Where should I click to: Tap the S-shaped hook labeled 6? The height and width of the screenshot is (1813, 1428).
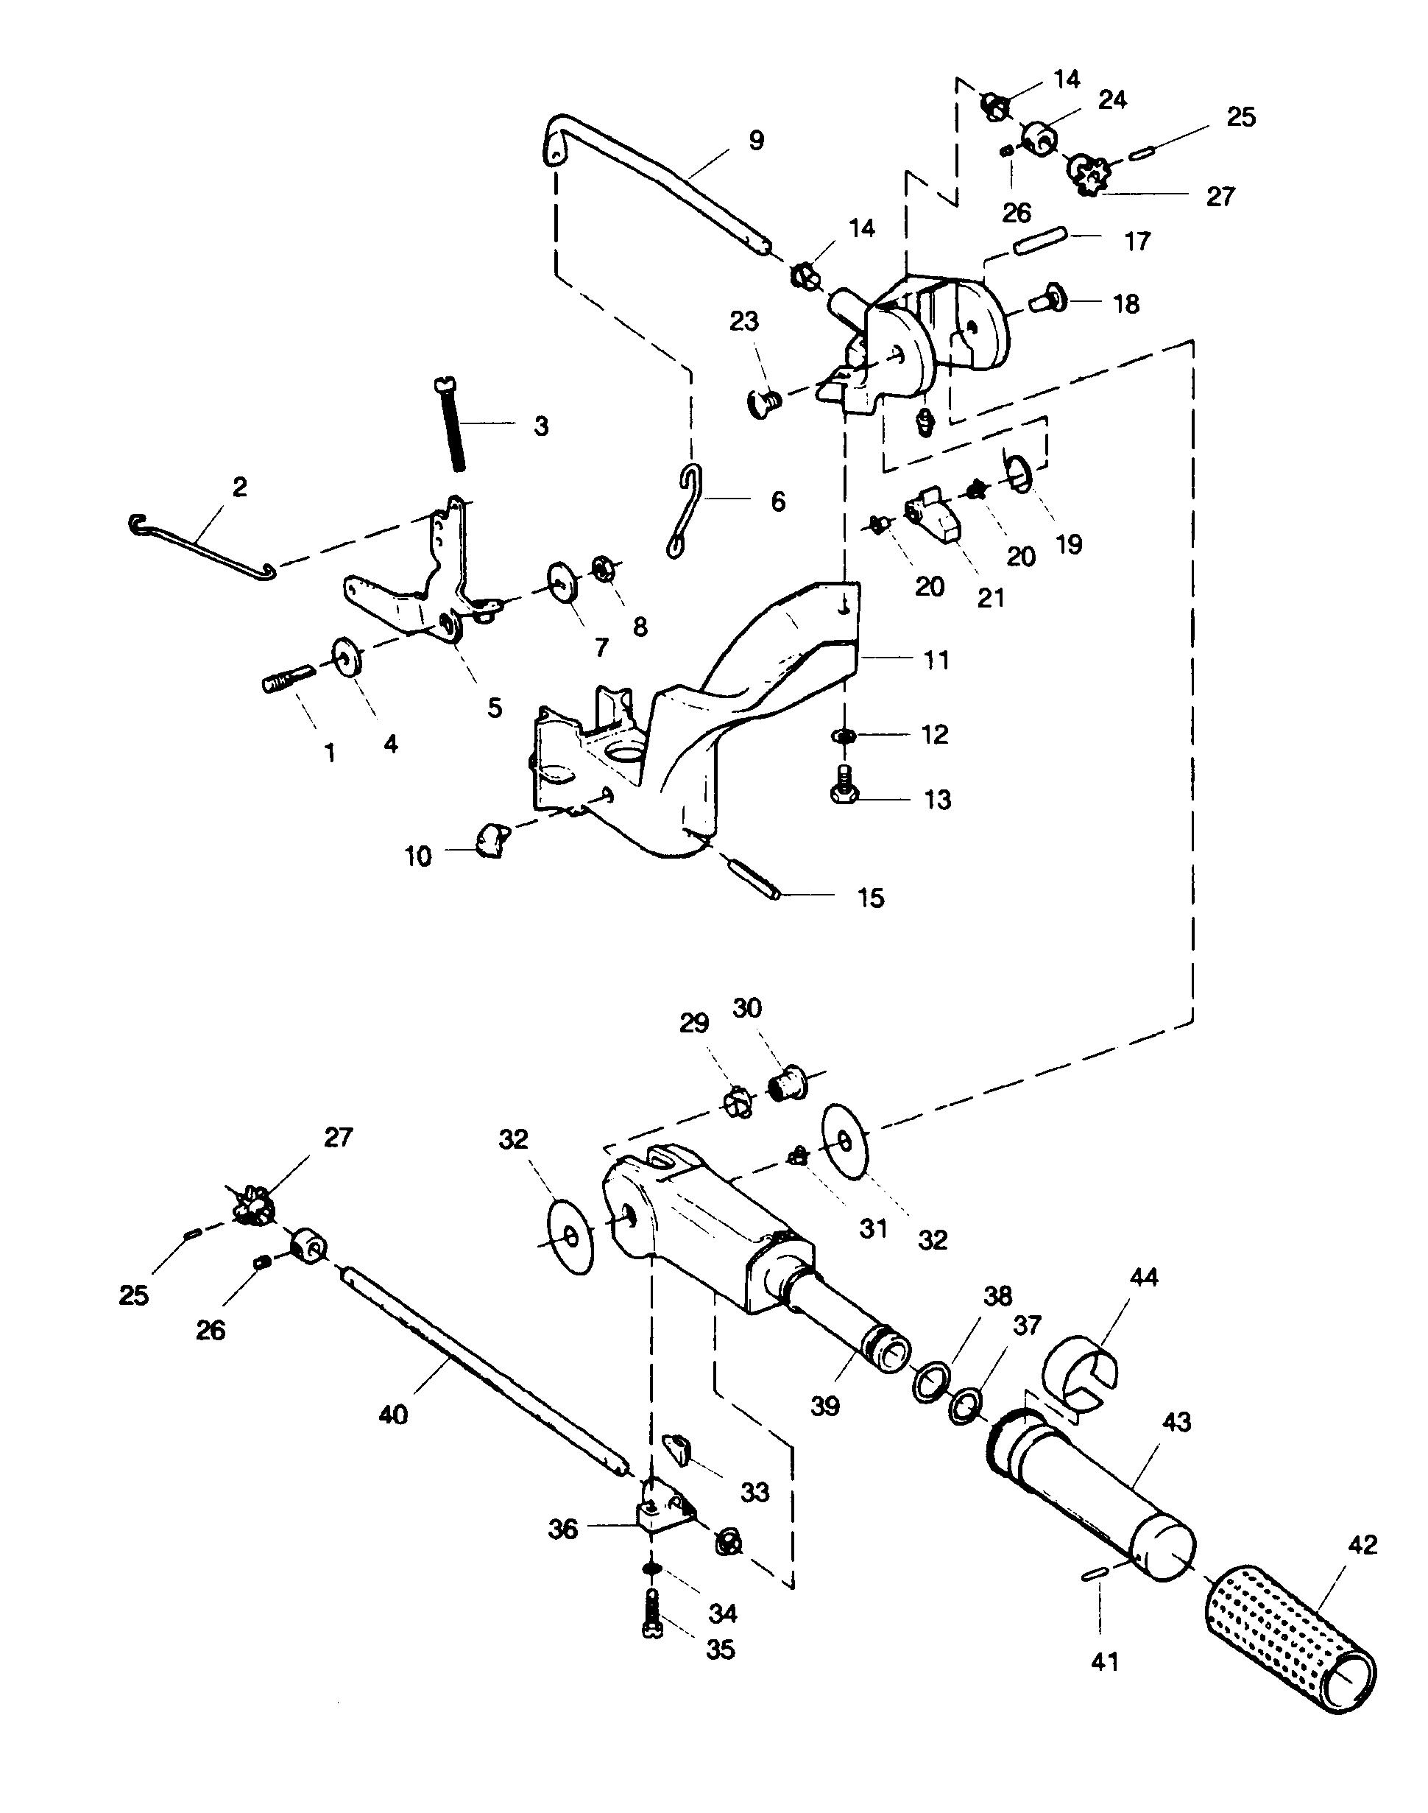click(x=687, y=512)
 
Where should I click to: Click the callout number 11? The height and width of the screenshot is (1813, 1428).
click(x=936, y=660)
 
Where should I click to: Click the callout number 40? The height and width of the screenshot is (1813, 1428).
click(x=393, y=1414)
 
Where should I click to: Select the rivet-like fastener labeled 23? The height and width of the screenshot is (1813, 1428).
click(x=763, y=404)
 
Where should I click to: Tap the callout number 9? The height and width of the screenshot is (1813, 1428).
click(x=755, y=141)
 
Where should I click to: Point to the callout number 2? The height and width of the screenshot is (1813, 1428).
click(x=240, y=487)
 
